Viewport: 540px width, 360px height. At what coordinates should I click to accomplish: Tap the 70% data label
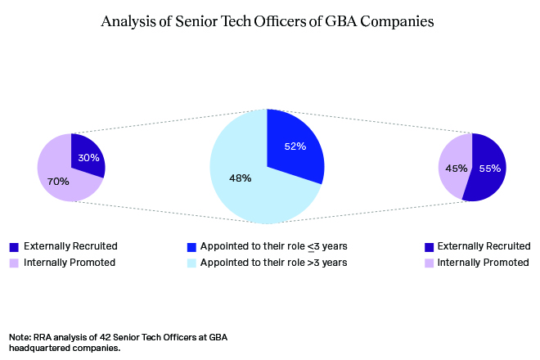point(58,181)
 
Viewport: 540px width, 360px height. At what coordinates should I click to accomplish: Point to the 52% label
point(295,146)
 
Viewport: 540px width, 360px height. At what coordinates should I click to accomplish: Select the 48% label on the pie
point(240,178)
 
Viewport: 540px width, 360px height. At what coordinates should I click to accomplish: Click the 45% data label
point(457,168)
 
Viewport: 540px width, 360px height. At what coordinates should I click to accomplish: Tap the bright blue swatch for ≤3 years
point(191,246)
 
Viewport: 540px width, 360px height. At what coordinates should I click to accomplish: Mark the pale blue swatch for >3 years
point(191,263)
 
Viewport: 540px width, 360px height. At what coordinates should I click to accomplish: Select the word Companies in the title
point(398,22)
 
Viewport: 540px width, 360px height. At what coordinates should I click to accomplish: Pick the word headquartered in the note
point(34,348)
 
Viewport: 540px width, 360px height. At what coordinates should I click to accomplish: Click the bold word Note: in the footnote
point(20,337)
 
